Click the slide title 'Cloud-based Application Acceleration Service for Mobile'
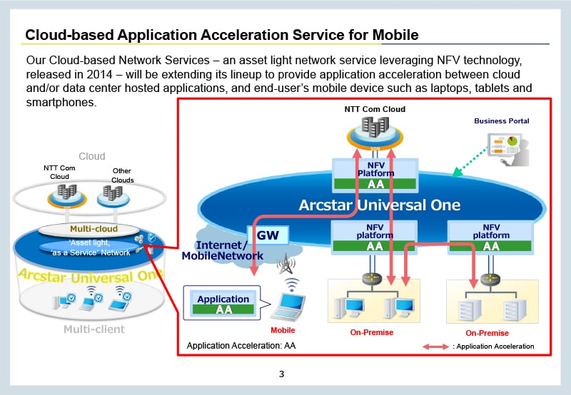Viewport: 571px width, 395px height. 221,34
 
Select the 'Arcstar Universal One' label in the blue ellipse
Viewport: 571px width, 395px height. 379,205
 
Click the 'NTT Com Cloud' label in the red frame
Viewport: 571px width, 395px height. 374,109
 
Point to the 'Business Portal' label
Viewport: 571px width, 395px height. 502,121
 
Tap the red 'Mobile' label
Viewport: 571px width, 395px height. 283,330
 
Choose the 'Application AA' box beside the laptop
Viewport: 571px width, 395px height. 223,304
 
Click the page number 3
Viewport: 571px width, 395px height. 282,374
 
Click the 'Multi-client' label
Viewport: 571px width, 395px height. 94,329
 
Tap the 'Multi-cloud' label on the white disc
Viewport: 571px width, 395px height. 94,229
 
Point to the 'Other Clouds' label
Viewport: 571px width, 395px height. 123,175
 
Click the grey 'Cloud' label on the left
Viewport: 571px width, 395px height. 91,156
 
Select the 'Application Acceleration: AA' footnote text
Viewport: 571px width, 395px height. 241,346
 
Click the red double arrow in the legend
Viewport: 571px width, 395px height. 435,347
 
